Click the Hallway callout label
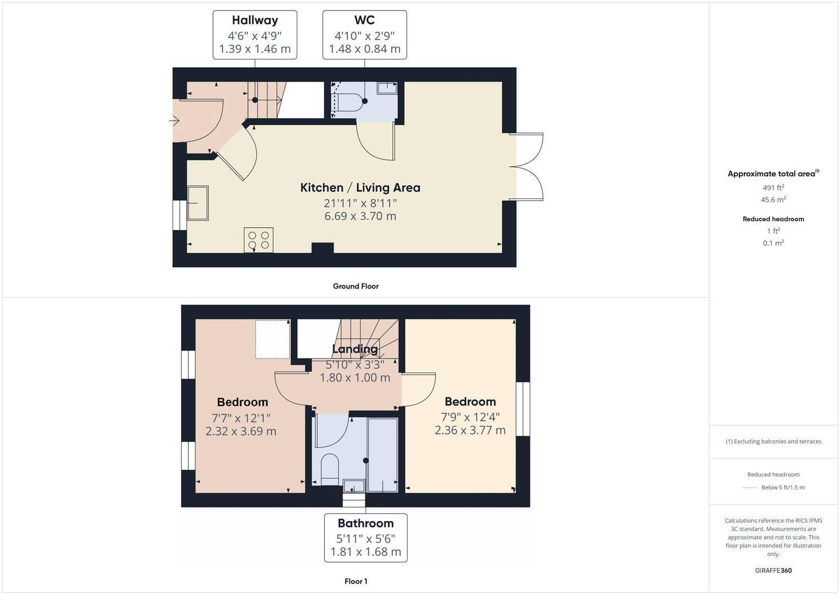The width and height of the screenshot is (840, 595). point(255,35)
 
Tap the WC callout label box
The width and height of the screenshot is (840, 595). point(365,35)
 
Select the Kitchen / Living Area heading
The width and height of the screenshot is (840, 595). point(360,187)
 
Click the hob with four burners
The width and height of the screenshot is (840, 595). point(258,240)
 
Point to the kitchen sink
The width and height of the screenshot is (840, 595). point(197,203)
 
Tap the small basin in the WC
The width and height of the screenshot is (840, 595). point(387,88)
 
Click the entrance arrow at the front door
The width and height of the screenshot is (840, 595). point(175,120)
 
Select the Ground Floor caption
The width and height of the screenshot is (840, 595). point(356,286)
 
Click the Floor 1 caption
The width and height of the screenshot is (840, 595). point(356,581)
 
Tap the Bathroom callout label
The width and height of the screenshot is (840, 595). point(366,538)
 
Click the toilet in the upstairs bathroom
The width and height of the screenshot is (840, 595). point(329,468)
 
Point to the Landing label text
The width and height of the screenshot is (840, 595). point(355,349)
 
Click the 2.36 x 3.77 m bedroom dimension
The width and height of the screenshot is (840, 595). point(470,430)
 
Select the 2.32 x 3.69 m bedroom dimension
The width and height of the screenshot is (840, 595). point(241,431)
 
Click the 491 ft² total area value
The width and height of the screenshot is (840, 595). point(773,187)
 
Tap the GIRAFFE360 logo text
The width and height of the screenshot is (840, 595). point(773,571)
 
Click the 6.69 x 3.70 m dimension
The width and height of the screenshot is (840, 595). point(360,216)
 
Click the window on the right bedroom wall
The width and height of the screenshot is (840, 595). point(523,409)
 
